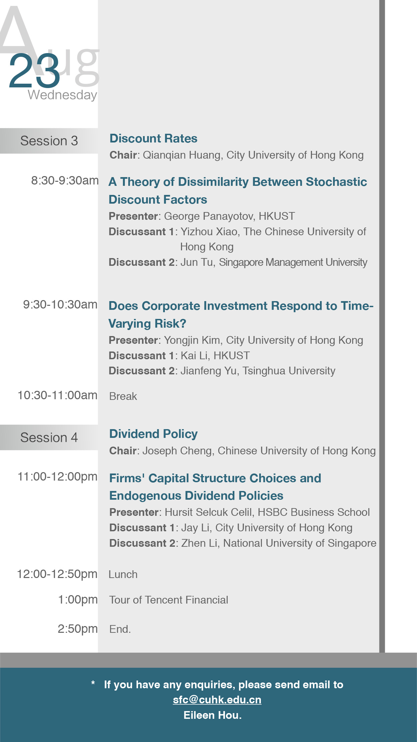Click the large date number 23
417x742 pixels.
pos(35,71)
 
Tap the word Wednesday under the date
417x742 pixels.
pos(62,95)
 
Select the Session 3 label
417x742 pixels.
pos(49,141)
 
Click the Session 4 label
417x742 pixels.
pos(49,438)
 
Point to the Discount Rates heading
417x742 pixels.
pos(153,138)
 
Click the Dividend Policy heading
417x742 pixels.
pos(153,434)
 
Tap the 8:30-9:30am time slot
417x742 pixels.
pos(65,180)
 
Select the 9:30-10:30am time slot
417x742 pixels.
pos(60,304)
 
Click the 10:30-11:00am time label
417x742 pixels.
pos(57,395)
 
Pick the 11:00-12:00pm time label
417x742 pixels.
pos(57,477)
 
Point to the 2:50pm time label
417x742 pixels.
pos(78,629)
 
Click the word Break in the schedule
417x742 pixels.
pos(123,397)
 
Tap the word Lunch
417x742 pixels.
pos(123,574)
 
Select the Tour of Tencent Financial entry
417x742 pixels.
pos(169,600)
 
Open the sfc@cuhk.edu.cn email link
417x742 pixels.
pos(217,700)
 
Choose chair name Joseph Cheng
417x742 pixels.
pos(177,451)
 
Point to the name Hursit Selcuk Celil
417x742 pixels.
pos(208,512)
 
